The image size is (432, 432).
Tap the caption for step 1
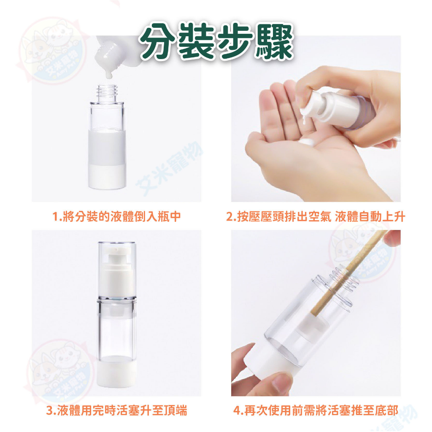pyautogui.click(x=116, y=216)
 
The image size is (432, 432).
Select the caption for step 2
pyautogui.click(x=316, y=216)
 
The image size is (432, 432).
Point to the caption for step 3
pyautogui.click(x=116, y=410)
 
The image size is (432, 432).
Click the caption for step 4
pyautogui.click(x=316, y=410)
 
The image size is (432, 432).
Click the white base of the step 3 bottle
pyautogui.click(x=117, y=372)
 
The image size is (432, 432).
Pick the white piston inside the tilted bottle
pyautogui.click(x=314, y=327)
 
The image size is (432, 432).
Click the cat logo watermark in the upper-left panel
pyautogui.click(x=52, y=51)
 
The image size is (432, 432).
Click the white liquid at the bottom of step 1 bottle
pyautogui.click(x=107, y=177)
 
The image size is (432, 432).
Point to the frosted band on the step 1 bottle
pyautogui.click(x=107, y=148)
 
